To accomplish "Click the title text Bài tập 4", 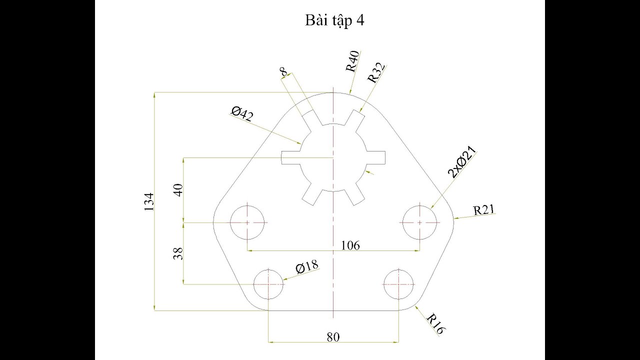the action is click(x=334, y=20).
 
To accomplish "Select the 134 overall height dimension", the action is click(x=149, y=202).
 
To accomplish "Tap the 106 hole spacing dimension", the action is click(x=350, y=245).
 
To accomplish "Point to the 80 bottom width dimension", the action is click(x=333, y=337).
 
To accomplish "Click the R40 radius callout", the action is click(x=352, y=61).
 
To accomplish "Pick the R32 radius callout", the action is click(x=376, y=73).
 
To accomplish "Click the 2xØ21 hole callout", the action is click(x=461, y=161).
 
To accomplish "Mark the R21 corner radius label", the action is click(x=483, y=210).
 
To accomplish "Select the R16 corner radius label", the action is click(x=435, y=324).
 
